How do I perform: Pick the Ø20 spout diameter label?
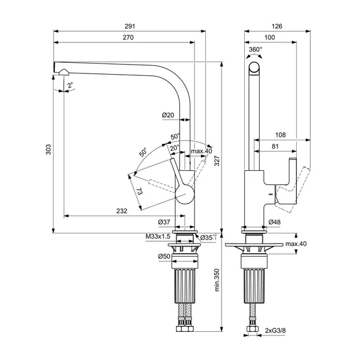[168, 115]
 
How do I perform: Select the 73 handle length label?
[139, 192]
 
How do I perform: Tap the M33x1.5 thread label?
[157, 237]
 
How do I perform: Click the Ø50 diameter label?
[165, 256]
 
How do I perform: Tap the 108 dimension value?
[281, 135]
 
